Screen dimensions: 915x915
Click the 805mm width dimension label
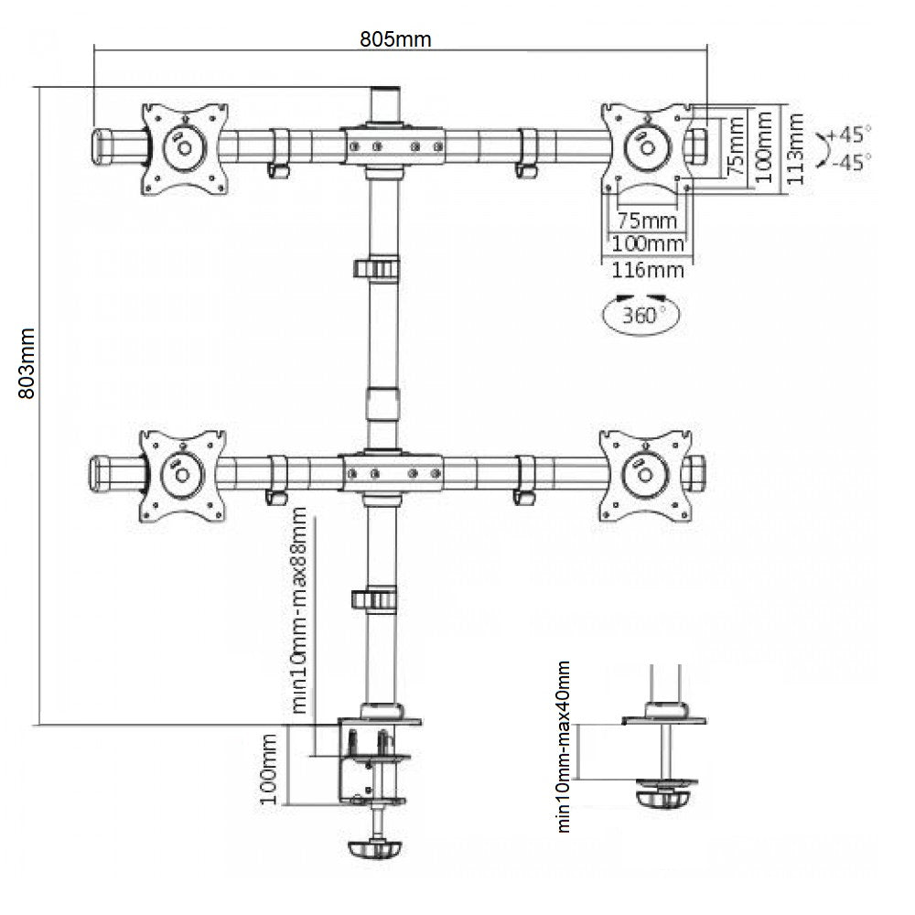[x=395, y=39]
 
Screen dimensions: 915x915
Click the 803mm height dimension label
[x=27, y=362]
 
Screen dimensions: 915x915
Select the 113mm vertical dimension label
[x=795, y=149]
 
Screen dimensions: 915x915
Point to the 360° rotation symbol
[x=641, y=316]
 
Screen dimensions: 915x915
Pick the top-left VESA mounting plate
[x=184, y=148]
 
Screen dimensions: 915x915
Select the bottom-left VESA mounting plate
[x=182, y=474]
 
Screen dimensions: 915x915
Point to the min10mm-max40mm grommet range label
[x=564, y=747]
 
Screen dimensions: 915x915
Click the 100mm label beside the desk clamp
[x=268, y=769]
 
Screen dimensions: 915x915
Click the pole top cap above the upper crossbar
[x=385, y=103]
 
